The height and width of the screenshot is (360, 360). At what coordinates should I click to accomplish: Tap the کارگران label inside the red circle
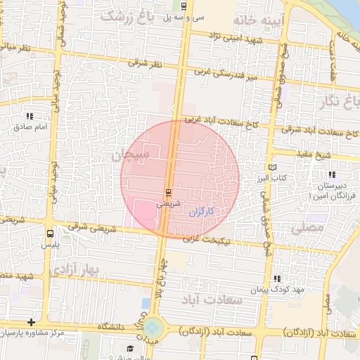pos(201,211)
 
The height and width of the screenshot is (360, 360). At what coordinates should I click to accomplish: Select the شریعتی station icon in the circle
pos(167,192)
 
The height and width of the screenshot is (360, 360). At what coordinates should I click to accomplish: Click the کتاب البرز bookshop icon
pos(273,167)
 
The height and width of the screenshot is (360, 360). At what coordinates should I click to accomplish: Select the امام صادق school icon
pos(30,116)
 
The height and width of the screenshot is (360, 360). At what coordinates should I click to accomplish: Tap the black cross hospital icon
pos(31,321)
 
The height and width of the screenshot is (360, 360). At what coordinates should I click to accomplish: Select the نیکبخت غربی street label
pos(205,239)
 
